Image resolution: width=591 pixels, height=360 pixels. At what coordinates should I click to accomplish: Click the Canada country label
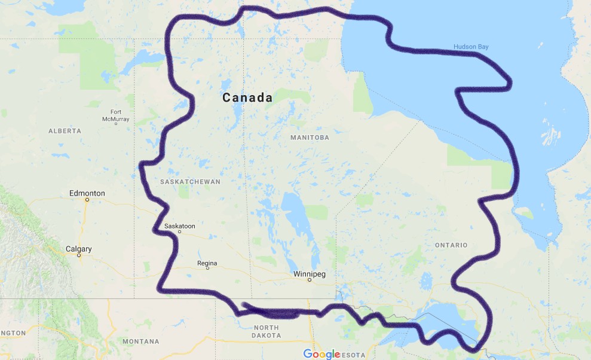(247, 97)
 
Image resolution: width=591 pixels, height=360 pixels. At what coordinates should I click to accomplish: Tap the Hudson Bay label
(471, 47)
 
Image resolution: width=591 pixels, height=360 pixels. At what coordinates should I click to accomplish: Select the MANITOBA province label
(310, 138)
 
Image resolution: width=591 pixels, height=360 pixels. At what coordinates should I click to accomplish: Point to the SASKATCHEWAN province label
(190, 181)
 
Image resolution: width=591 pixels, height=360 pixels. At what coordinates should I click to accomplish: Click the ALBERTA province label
(65, 130)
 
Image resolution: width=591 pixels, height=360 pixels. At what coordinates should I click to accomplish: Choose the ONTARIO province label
(451, 245)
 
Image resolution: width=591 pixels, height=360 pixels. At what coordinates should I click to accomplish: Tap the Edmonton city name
(87, 193)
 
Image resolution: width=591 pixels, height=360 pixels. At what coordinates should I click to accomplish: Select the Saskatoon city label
(179, 226)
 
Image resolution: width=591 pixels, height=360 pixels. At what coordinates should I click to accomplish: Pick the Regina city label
(207, 263)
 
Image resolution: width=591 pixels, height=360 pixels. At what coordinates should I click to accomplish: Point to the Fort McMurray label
(115, 116)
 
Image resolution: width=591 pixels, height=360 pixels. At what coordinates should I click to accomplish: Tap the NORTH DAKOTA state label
(266, 331)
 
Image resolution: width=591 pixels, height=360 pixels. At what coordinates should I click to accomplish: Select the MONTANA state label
(140, 341)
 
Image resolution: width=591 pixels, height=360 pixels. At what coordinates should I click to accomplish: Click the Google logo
(321, 353)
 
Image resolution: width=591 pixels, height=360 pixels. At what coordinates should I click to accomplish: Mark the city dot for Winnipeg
(310, 280)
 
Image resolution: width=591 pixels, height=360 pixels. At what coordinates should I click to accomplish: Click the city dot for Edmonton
(87, 200)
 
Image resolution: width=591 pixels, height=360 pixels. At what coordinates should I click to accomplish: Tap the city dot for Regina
(207, 269)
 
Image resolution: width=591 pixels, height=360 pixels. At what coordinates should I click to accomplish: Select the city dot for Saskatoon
(179, 232)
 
